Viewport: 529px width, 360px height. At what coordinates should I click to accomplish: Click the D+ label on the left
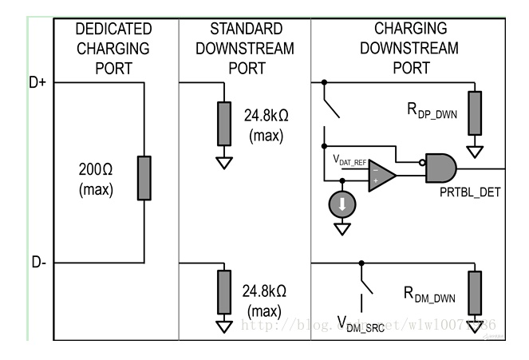point(37,82)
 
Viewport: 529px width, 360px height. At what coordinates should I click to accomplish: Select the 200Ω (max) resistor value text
point(95,180)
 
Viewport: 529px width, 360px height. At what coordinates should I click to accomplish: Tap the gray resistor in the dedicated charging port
point(144,178)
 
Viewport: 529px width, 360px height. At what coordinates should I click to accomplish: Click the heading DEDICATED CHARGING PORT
point(113,48)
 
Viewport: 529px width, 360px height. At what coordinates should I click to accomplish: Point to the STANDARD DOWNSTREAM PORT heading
point(247,48)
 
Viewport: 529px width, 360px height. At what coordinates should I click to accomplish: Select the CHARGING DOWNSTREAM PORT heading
point(409,48)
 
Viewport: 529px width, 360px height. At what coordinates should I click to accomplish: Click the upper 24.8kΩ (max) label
point(266,125)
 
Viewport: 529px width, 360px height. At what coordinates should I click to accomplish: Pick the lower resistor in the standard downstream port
point(224,292)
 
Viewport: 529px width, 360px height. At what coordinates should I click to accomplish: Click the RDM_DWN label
point(429,296)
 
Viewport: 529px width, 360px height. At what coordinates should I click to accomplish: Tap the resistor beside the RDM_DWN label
point(476,293)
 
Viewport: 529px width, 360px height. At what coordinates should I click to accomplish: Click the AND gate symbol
point(440,168)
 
